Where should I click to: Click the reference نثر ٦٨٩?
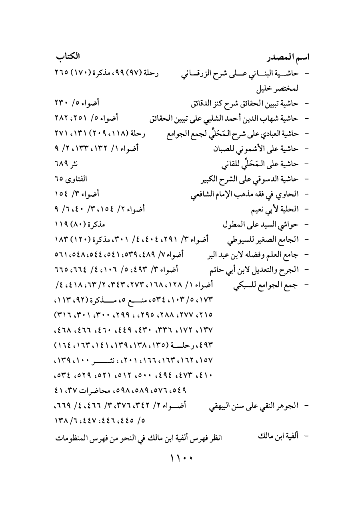[x=64, y=164]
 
